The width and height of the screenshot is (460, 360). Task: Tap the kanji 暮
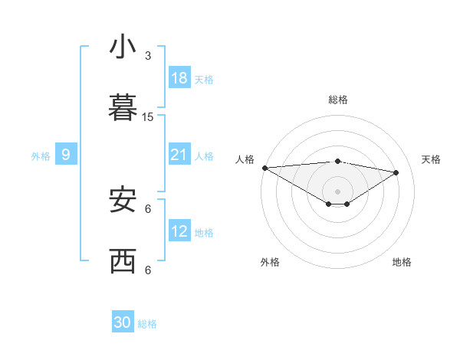pos(123,109)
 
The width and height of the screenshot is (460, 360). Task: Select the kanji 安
pos(123,200)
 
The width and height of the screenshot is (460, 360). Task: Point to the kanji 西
pos(123,261)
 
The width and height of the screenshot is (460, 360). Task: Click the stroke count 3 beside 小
pos(148,56)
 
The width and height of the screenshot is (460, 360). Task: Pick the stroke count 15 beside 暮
pos(148,117)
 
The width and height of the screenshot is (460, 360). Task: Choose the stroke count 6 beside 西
pos(148,270)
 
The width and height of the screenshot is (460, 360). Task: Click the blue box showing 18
pos(179,78)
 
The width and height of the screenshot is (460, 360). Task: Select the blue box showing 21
pos(179,155)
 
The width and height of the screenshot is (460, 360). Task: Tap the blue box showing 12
pos(179,231)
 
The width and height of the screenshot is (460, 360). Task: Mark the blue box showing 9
pos(66,155)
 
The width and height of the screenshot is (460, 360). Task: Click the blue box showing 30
pos(123,322)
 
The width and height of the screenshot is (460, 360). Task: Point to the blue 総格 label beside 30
pos(147,324)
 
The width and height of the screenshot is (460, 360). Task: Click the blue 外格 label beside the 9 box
pos(41,156)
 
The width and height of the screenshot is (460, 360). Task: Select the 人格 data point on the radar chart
pos(264,168)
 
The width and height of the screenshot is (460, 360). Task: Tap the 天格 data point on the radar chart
pos(396,172)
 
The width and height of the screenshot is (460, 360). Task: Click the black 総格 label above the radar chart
pos(338,100)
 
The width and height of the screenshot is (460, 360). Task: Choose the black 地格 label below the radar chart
pos(402,262)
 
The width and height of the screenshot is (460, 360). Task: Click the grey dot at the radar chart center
pos(338,191)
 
